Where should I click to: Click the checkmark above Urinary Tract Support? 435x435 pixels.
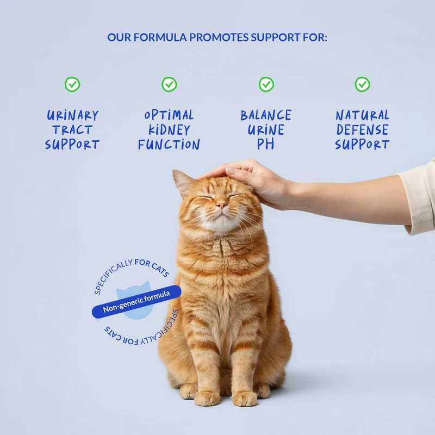pos(72,84)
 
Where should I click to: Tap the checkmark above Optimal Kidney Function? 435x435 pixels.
pos(169,84)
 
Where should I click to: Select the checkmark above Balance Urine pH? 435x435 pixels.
pos(266,84)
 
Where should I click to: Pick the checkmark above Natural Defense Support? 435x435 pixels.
pos(362,84)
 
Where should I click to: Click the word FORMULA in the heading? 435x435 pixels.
pos(160,38)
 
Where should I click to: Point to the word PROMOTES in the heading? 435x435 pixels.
pos(219,38)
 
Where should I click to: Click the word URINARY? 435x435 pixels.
pos(72,115)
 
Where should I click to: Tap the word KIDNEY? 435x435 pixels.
pos(169,130)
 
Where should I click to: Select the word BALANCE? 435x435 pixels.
pos(266,115)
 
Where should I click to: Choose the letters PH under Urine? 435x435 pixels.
pos(265,144)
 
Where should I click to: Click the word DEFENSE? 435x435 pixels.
pos(362,130)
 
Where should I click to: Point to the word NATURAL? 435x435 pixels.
pos(362,115)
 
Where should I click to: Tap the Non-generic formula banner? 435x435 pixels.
pos(136,302)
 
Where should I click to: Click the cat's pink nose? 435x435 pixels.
pos(221,205)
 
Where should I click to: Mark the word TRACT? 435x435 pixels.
pos(72,130)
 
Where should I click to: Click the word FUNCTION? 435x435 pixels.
pos(169,145)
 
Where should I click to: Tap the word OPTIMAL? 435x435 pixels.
pos(169,115)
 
